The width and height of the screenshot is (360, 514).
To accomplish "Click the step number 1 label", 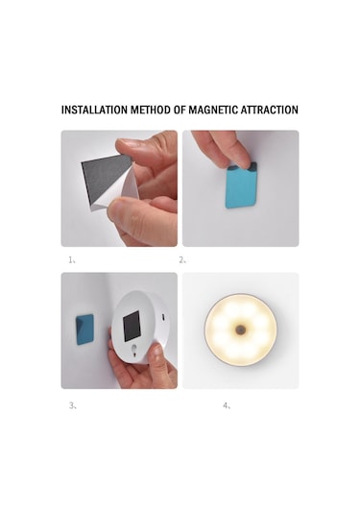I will [x=71, y=259].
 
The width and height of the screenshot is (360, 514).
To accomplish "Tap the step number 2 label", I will [x=184, y=259].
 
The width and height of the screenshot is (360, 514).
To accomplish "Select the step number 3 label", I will [x=71, y=405].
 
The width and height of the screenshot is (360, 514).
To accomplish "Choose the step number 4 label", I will [x=227, y=405].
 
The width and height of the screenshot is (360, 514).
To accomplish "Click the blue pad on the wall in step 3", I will [x=84, y=330].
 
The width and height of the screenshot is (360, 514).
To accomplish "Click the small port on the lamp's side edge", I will [x=164, y=316].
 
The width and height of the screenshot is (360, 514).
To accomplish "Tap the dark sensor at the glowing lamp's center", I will [x=242, y=330].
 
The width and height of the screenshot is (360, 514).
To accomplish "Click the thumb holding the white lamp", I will [x=153, y=365].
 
